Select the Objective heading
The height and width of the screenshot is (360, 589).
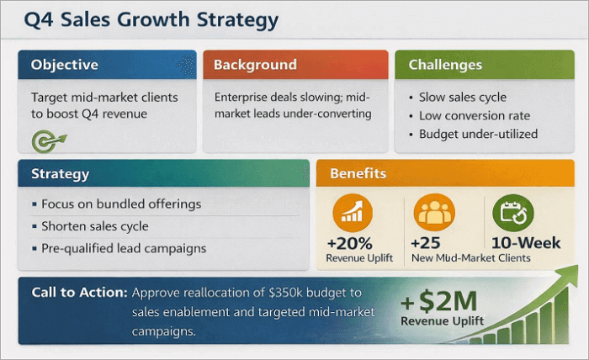pyautogui.click(x=65, y=65)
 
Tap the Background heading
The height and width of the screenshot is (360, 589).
pyautogui.click(x=255, y=65)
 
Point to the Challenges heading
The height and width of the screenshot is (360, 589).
pyautogui.click(x=445, y=65)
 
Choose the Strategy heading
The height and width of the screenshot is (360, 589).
pyautogui.click(x=61, y=175)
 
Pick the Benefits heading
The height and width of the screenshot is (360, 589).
pyautogui.click(x=358, y=174)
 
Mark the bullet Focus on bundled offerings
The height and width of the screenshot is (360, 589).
pyautogui.click(x=121, y=204)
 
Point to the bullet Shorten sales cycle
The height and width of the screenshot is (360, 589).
pyautogui.click(x=95, y=226)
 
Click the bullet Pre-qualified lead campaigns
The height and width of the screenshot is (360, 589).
pyautogui.click(x=124, y=248)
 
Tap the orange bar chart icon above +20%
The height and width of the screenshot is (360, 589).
pyautogui.click(x=353, y=213)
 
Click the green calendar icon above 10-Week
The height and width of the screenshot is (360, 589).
pyautogui.click(x=512, y=214)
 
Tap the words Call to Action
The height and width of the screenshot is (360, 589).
pyautogui.click(x=79, y=293)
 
